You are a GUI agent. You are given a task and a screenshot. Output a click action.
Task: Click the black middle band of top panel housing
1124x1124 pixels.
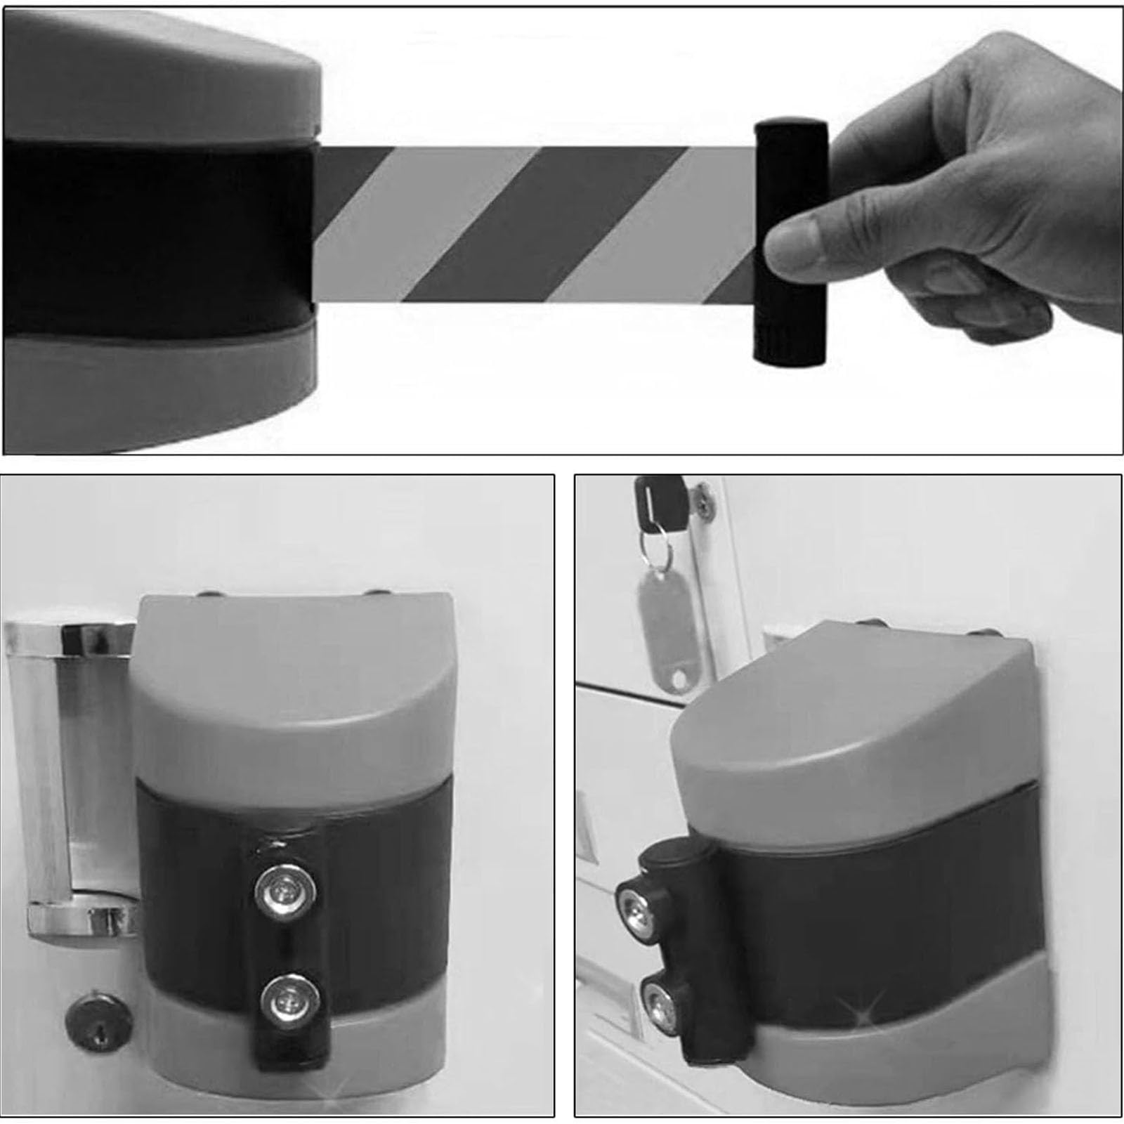pyautogui.click(x=155, y=235)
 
